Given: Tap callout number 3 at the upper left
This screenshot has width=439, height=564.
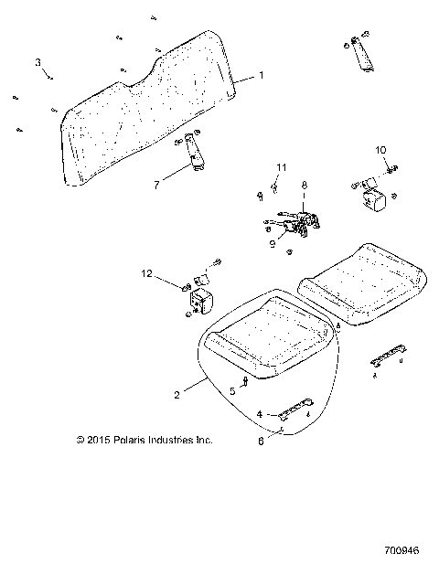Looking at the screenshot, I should coord(38,62).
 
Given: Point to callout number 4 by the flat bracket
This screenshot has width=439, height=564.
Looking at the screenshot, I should coord(260,414).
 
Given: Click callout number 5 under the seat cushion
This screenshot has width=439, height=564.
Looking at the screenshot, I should coord(232,390).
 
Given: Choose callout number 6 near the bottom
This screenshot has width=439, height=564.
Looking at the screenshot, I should coord(262,440).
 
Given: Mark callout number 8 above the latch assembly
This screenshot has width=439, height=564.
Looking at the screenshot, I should coord(305,186).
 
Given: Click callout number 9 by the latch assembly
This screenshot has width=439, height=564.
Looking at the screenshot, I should coord(272,244).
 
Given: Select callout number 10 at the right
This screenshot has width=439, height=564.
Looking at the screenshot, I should coord(380,149).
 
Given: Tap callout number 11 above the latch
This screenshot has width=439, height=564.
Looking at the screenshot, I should coord(281,166).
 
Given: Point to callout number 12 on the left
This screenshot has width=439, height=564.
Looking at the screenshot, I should coord(145,273).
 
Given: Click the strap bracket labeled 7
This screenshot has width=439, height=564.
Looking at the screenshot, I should coord(194,152).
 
